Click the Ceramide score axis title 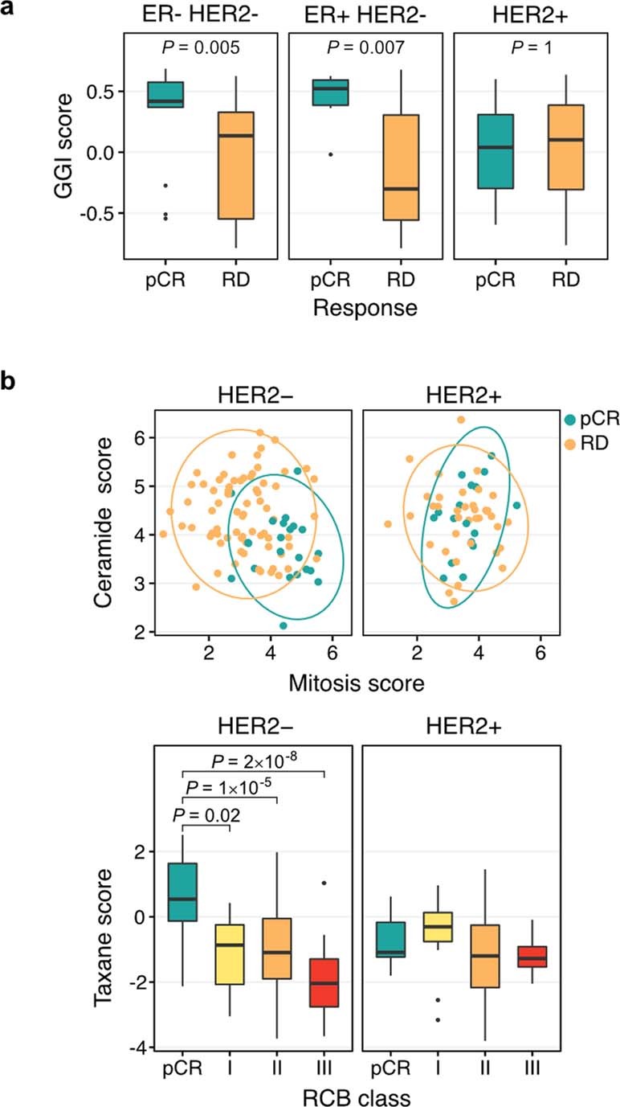(112, 523)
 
